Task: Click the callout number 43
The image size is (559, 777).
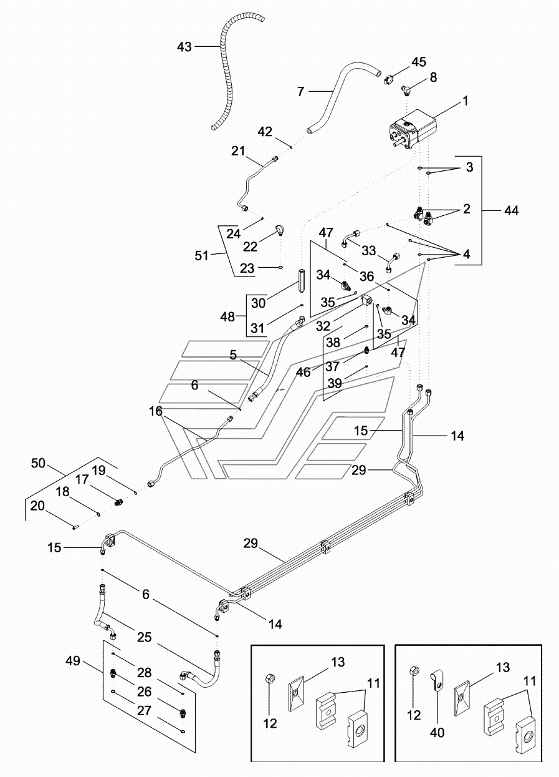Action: click(x=184, y=46)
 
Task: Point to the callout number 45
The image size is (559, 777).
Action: click(x=418, y=62)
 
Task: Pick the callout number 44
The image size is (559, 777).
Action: click(x=511, y=210)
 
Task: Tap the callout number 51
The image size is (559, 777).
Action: click(x=201, y=256)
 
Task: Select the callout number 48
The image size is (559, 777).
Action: click(x=227, y=316)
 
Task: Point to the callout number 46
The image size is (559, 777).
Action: click(x=303, y=372)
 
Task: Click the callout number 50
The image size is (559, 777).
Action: click(x=38, y=463)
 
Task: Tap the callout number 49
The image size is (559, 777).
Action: click(x=72, y=661)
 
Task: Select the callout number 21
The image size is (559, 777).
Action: click(x=238, y=151)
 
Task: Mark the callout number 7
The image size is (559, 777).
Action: click(x=300, y=92)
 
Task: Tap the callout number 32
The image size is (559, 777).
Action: click(x=323, y=326)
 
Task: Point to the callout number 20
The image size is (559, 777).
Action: click(x=37, y=506)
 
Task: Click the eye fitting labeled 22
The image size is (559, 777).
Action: click(x=279, y=229)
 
